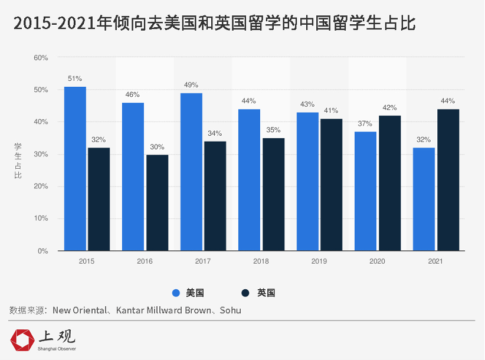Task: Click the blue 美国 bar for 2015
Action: click(75, 169)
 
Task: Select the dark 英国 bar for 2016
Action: click(157, 202)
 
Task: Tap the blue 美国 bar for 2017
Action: click(191, 172)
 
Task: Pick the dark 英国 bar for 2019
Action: click(332, 185)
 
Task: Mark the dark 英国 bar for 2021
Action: click(448, 180)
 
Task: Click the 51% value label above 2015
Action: click(75, 78)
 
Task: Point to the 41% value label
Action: click(331, 110)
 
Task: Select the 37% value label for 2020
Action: click(365, 123)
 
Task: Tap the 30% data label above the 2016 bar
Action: click(157, 147)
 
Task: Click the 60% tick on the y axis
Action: click(41, 58)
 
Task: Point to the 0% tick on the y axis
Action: click(43, 251)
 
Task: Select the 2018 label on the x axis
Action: click(261, 261)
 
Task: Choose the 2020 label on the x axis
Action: click(377, 261)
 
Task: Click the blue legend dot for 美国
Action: click(176, 293)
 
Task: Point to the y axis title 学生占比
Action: click(18, 159)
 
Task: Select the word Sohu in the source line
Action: click(230, 310)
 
